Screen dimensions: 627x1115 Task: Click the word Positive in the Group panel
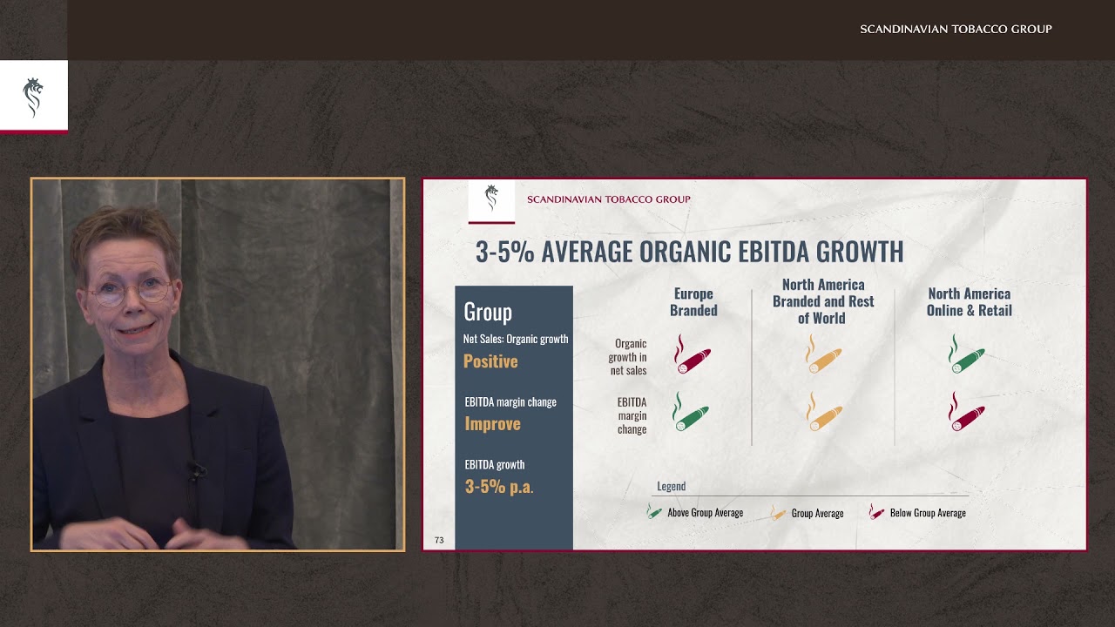tap(490, 361)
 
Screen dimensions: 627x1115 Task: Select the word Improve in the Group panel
tap(492, 424)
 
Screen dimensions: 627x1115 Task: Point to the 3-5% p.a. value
tap(499, 487)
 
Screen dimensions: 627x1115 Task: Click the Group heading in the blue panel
tap(488, 312)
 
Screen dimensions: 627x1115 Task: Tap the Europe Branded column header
tap(693, 302)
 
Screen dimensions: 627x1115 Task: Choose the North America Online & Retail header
tap(969, 302)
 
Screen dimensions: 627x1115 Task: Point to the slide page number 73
tap(439, 540)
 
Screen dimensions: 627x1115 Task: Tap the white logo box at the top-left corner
tap(33, 96)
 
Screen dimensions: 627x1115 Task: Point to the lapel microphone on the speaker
tap(195, 471)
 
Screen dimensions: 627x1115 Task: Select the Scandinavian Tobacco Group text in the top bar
tap(956, 30)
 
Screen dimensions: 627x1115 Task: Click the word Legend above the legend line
tap(671, 487)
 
